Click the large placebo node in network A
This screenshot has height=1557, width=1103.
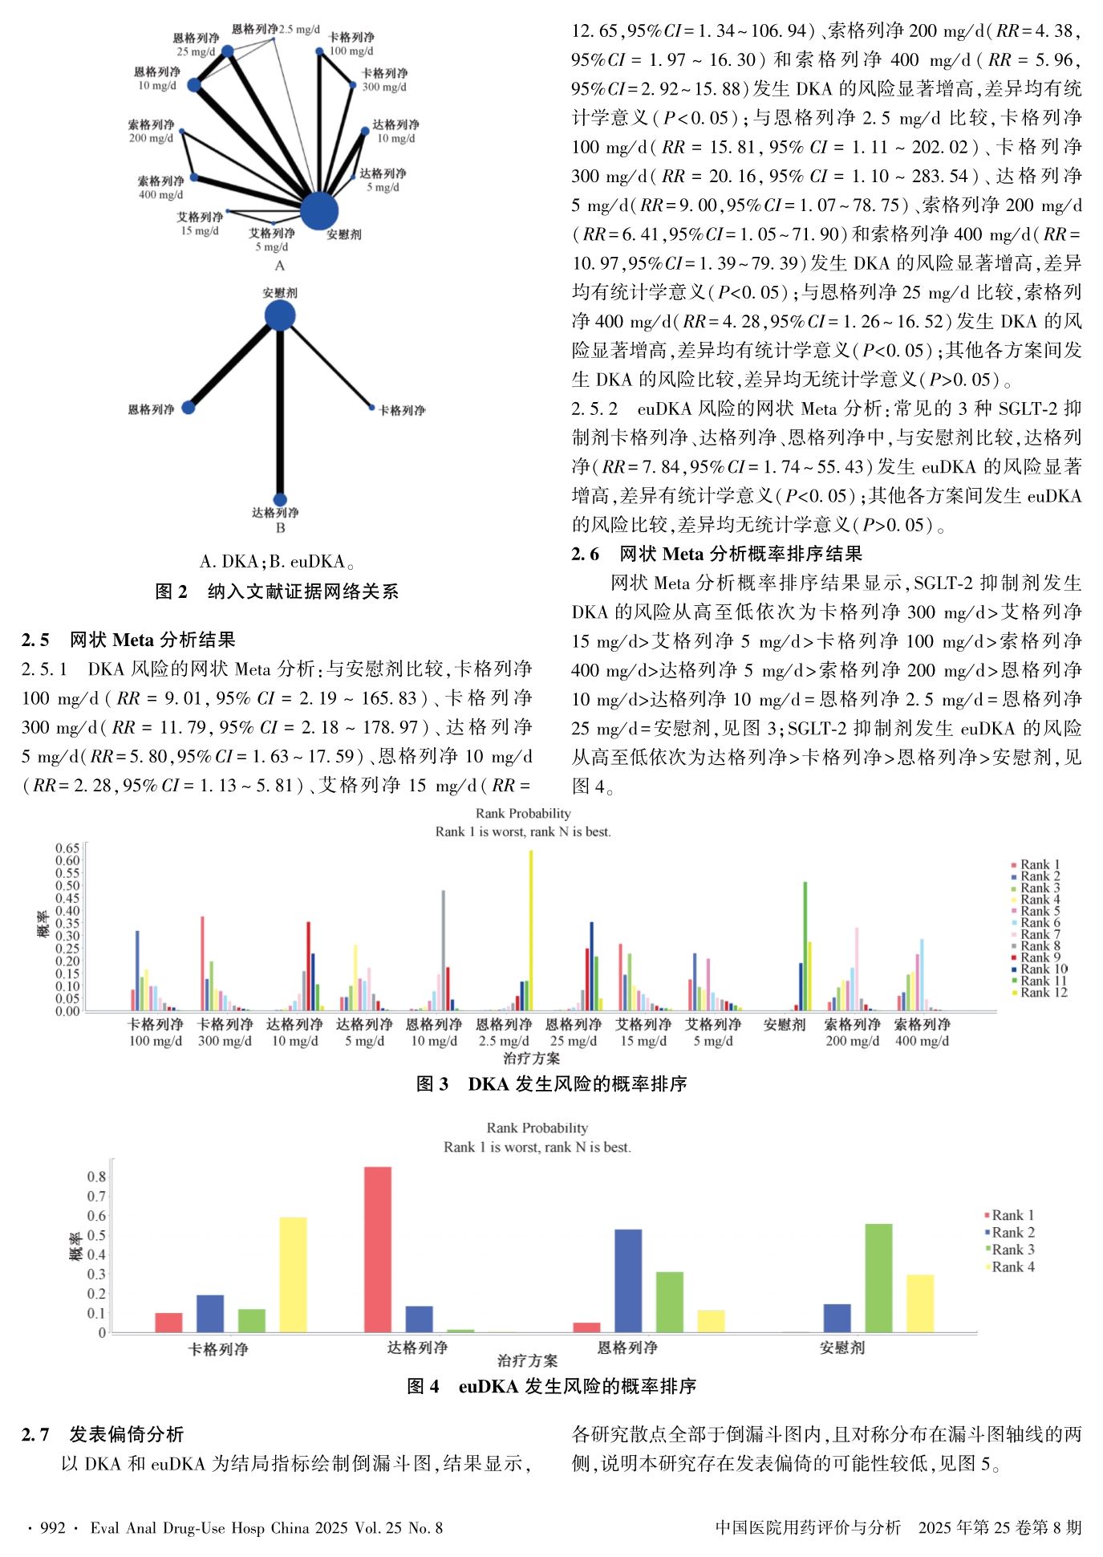click(319, 211)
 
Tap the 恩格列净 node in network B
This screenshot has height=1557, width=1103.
click(189, 408)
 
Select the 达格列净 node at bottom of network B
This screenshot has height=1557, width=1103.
click(280, 499)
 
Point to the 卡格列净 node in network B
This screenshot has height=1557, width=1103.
click(371, 408)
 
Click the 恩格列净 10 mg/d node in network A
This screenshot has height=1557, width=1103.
click(194, 84)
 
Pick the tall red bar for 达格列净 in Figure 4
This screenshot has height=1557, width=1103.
click(378, 1249)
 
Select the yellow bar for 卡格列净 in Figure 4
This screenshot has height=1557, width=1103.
click(293, 1274)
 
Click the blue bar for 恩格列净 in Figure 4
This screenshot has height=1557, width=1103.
click(628, 1280)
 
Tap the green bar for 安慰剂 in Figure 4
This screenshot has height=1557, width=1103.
click(878, 1278)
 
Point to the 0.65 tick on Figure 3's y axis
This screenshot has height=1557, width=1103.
click(67, 848)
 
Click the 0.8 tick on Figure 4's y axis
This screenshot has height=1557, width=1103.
click(96, 1177)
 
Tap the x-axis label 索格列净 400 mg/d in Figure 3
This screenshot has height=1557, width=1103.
click(922, 1032)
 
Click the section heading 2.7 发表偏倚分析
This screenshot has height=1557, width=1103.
click(103, 1435)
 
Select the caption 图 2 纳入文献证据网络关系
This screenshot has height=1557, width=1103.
click(277, 592)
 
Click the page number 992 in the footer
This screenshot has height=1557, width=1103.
click(52, 1528)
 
